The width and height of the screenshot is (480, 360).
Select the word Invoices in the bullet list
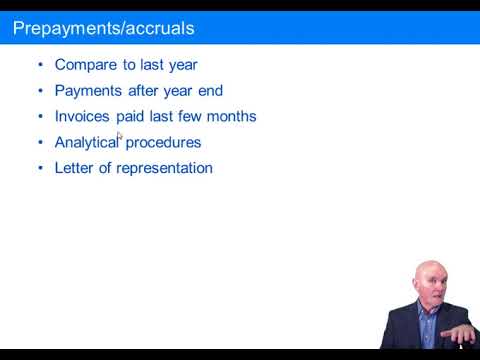[x=81, y=116]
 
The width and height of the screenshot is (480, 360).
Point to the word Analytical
[x=86, y=142]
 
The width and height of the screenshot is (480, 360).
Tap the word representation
[x=164, y=168]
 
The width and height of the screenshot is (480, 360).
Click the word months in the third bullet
[x=233, y=116]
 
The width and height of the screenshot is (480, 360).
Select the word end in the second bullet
[x=210, y=91]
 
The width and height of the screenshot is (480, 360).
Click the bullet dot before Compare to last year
[x=40, y=65]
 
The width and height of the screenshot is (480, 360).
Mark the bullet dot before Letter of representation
[x=40, y=168]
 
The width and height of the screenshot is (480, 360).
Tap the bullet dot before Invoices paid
[x=40, y=116]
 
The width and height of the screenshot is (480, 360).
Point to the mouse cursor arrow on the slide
[x=119, y=136]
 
